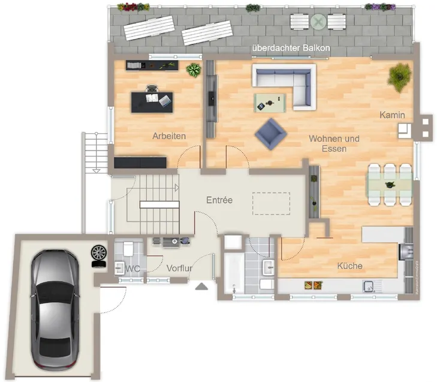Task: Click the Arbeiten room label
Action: tap(169, 136)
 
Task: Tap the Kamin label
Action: tap(392, 115)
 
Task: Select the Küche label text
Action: tap(349, 266)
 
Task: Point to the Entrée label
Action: tap(219, 200)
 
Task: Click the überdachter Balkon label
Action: tap(291, 48)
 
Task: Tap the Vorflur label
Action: tap(179, 268)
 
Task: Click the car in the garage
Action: tap(55, 310)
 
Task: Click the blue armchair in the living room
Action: tap(270, 134)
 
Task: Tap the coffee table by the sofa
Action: tap(270, 103)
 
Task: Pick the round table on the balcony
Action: tap(318, 22)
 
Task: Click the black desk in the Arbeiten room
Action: tap(152, 103)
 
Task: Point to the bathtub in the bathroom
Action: tap(234, 273)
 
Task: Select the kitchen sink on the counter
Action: tap(368, 286)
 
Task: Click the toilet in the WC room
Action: tap(128, 249)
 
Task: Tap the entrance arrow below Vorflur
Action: tap(201, 287)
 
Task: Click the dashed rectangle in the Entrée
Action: tap(271, 203)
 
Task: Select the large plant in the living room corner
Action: tap(399, 77)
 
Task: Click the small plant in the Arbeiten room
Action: tap(194, 70)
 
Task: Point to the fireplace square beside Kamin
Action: tap(405, 131)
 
